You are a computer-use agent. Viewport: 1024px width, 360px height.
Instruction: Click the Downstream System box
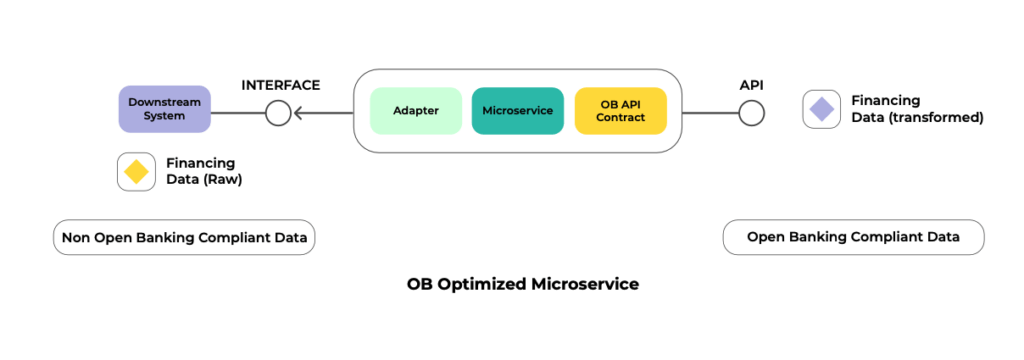164,109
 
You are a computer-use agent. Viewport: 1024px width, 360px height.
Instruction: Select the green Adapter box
416,111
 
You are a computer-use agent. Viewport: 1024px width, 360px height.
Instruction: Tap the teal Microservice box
517,111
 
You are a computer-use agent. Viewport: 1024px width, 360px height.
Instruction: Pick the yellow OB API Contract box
620,111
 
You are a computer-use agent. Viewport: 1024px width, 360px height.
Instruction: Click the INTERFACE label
281,85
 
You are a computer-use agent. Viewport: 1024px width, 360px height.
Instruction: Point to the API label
752,85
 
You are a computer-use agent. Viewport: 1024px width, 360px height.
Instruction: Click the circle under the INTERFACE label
279,113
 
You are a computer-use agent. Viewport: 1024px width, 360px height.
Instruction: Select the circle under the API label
752,113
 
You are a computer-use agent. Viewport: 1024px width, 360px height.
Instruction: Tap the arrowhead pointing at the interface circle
299,113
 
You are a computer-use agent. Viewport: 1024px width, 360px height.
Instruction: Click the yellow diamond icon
136,172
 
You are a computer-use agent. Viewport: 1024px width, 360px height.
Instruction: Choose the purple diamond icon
821,109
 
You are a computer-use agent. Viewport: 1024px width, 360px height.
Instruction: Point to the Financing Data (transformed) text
917,109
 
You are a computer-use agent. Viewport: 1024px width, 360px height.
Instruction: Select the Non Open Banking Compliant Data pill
185,238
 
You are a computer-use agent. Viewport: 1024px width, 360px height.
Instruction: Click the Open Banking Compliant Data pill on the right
853,237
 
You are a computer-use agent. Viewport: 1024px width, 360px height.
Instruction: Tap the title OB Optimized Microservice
522,284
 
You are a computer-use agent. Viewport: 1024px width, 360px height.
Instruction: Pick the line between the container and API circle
710,113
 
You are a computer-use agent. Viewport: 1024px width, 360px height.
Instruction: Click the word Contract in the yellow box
620,118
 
